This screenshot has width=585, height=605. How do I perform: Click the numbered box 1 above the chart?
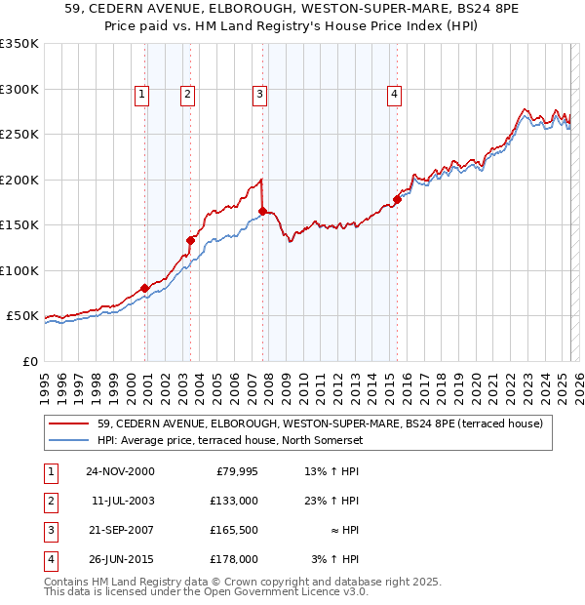click(142, 95)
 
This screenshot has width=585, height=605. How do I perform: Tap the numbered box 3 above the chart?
click(260, 95)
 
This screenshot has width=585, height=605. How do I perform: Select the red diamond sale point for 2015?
click(397, 199)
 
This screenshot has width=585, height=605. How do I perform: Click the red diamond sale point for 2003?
click(191, 240)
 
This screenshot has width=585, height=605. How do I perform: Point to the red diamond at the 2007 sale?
click(263, 211)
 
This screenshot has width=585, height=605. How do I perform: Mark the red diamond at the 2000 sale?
click(145, 288)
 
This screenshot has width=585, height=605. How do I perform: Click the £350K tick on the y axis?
click(19, 44)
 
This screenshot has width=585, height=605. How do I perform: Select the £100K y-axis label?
click(19, 270)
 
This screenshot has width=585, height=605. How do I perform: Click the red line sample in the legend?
click(70, 423)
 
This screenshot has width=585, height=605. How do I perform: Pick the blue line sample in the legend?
click(70, 440)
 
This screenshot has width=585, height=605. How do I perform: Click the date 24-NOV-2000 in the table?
click(120, 472)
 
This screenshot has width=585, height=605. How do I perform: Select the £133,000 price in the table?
click(234, 501)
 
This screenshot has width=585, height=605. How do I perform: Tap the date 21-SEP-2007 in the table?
click(120, 530)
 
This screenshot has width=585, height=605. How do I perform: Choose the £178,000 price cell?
click(234, 559)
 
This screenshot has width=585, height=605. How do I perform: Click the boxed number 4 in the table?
click(49, 559)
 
